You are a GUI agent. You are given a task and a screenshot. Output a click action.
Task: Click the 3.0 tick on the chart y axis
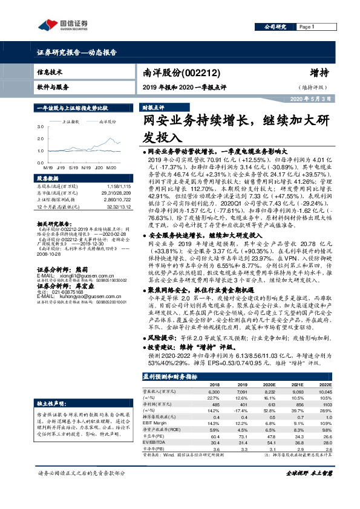pyautogui.click(x=41, y=128)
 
